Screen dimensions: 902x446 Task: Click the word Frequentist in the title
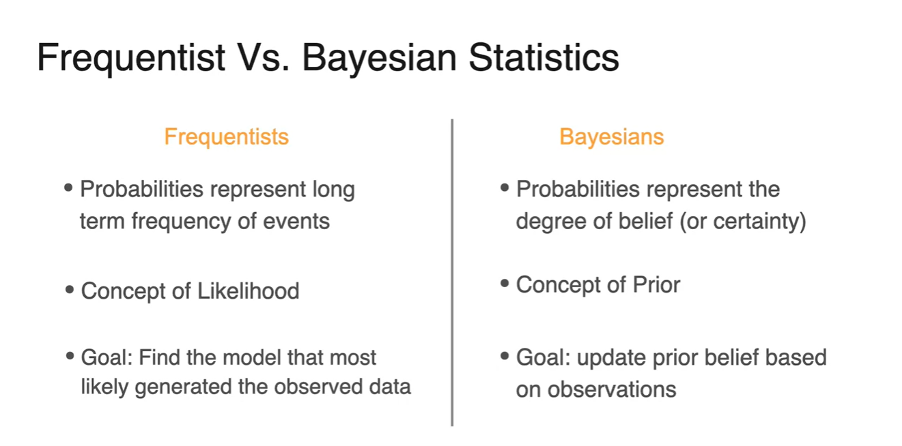131,59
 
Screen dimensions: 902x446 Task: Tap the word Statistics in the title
544,58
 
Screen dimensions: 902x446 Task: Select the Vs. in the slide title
263,58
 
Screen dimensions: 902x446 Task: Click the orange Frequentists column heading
226,137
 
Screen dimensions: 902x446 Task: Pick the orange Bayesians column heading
611,137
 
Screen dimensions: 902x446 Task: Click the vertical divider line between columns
452,272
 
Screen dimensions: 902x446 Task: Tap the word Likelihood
249,291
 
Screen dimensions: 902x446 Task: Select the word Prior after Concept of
656,284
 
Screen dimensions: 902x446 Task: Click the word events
296,222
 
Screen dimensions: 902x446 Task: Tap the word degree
551,222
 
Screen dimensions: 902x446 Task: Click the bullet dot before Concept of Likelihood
70,290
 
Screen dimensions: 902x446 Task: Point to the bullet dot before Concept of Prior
505,284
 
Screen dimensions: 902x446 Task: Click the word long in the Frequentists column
334,190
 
